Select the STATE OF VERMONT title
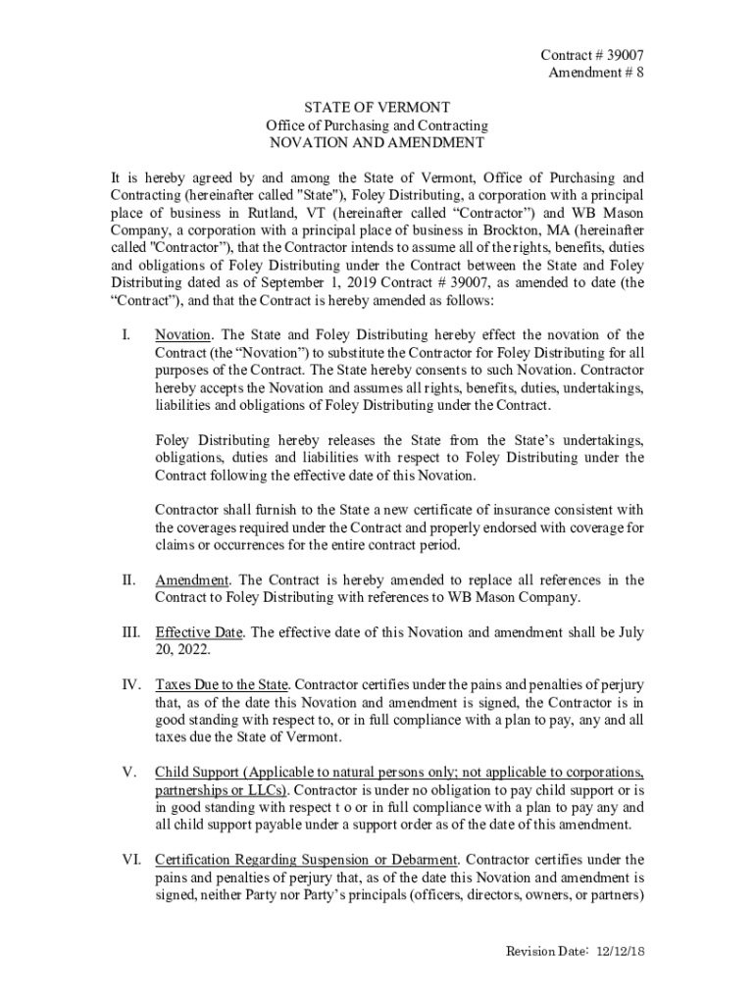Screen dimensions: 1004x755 [377, 108]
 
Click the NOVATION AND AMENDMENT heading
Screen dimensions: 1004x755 [377, 143]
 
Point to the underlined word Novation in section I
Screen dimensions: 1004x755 [180, 334]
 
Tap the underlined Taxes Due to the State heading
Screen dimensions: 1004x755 [222, 683]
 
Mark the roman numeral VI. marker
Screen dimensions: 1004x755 [132, 860]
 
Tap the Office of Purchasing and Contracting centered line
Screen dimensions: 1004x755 [377, 125]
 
